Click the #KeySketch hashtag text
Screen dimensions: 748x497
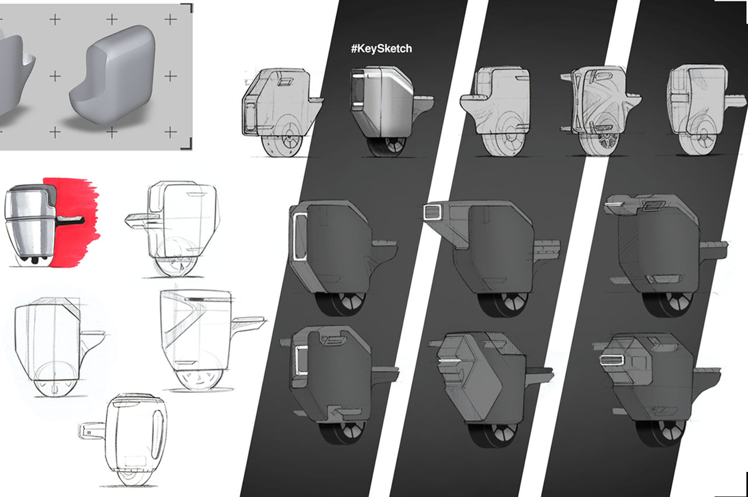[x=382, y=49]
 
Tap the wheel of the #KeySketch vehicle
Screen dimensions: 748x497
[x=386, y=146]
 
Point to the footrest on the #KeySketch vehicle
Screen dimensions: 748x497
[x=424, y=99]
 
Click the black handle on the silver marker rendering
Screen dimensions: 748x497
[x=71, y=220]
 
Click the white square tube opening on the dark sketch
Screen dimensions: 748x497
[x=433, y=211]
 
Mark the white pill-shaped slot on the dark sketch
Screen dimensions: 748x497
[x=611, y=360]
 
